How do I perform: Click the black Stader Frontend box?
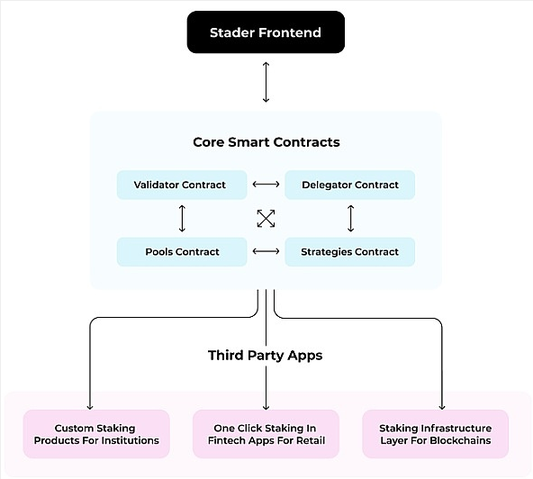(x=266, y=32)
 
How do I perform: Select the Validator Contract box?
(x=182, y=185)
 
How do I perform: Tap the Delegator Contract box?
(x=349, y=185)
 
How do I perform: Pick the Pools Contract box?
(x=182, y=252)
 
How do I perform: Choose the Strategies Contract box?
(x=349, y=252)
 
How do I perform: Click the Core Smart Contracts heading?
(x=266, y=142)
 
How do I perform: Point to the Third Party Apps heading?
(x=265, y=356)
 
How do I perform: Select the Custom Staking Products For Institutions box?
(x=96, y=434)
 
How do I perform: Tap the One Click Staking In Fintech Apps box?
(x=266, y=434)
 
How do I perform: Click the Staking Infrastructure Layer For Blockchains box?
(x=436, y=434)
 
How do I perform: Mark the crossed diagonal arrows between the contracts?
(x=266, y=218)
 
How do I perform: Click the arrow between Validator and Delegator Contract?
(x=266, y=185)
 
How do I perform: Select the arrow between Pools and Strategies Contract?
(x=266, y=251)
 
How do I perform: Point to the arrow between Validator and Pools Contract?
(x=182, y=218)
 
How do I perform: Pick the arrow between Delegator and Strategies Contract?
(x=351, y=218)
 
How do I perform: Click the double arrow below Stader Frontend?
(x=266, y=82)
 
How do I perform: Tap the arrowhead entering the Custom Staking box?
(x=90, y=407)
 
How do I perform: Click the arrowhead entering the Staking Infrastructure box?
(x=442, y=407)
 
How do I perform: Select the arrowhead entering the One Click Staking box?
(x=266, y=407)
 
